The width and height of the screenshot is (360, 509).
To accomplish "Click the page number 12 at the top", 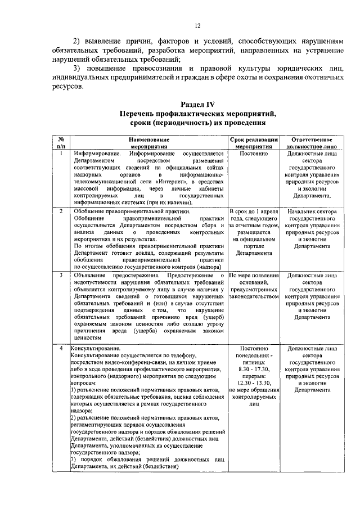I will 197,25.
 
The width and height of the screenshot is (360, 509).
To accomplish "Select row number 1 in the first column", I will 60,152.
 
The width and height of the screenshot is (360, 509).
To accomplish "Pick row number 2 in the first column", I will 60,211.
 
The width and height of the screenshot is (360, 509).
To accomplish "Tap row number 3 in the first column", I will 60,275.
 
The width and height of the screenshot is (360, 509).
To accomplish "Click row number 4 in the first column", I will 60,349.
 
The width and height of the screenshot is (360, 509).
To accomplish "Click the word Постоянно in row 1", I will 254,152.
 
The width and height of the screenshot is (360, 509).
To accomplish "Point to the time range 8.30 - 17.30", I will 254,369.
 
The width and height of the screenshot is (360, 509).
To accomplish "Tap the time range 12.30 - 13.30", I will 254,383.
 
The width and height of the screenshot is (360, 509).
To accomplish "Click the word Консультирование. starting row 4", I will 92,349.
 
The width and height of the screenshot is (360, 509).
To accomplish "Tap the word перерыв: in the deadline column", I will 254,376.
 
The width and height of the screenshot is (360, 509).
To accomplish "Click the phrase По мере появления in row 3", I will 254,275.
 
